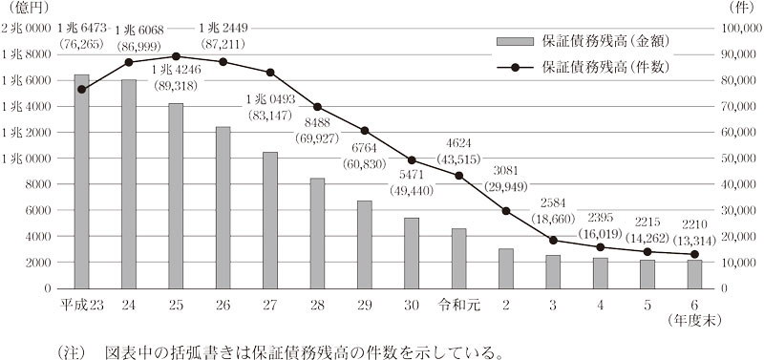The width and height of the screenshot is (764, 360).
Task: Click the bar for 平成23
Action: click(x=82, y=181)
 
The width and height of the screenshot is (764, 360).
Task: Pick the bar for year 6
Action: click(x=694, y=274)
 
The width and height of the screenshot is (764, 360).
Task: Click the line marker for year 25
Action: click(x=176, y=56)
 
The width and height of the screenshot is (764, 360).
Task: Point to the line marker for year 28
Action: click(x=317, y=107)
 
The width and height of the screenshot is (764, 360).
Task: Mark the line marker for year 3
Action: click(x=553, y=240)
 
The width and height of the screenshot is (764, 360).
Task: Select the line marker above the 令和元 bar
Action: click(x=458, y=176)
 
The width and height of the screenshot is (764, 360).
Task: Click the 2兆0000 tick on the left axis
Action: click(x=29, y=30)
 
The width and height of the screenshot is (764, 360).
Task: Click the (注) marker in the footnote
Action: click(x=71, y=349)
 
